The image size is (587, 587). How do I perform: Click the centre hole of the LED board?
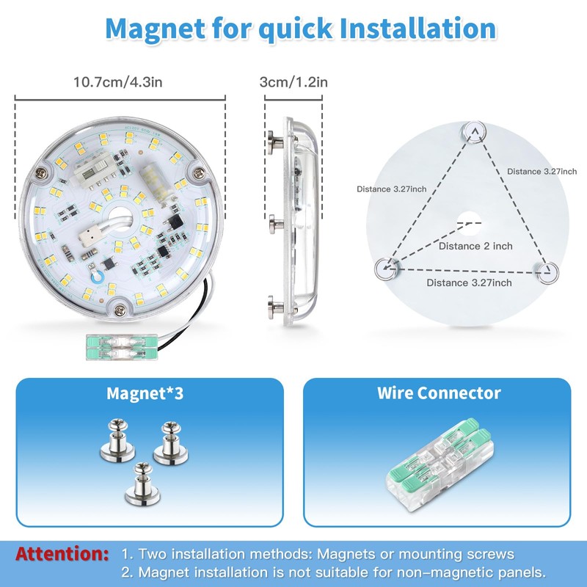tap(120, 219)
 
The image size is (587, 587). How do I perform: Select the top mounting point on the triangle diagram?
tap(475, 131)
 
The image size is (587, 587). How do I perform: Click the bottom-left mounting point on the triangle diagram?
tap(386, 268)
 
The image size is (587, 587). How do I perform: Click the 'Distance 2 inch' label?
tap(475, 247)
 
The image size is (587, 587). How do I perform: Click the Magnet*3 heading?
tap(145, 393)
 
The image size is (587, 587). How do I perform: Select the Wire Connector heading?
tap(439, 393)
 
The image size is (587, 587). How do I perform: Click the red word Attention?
tap(62, 554)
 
